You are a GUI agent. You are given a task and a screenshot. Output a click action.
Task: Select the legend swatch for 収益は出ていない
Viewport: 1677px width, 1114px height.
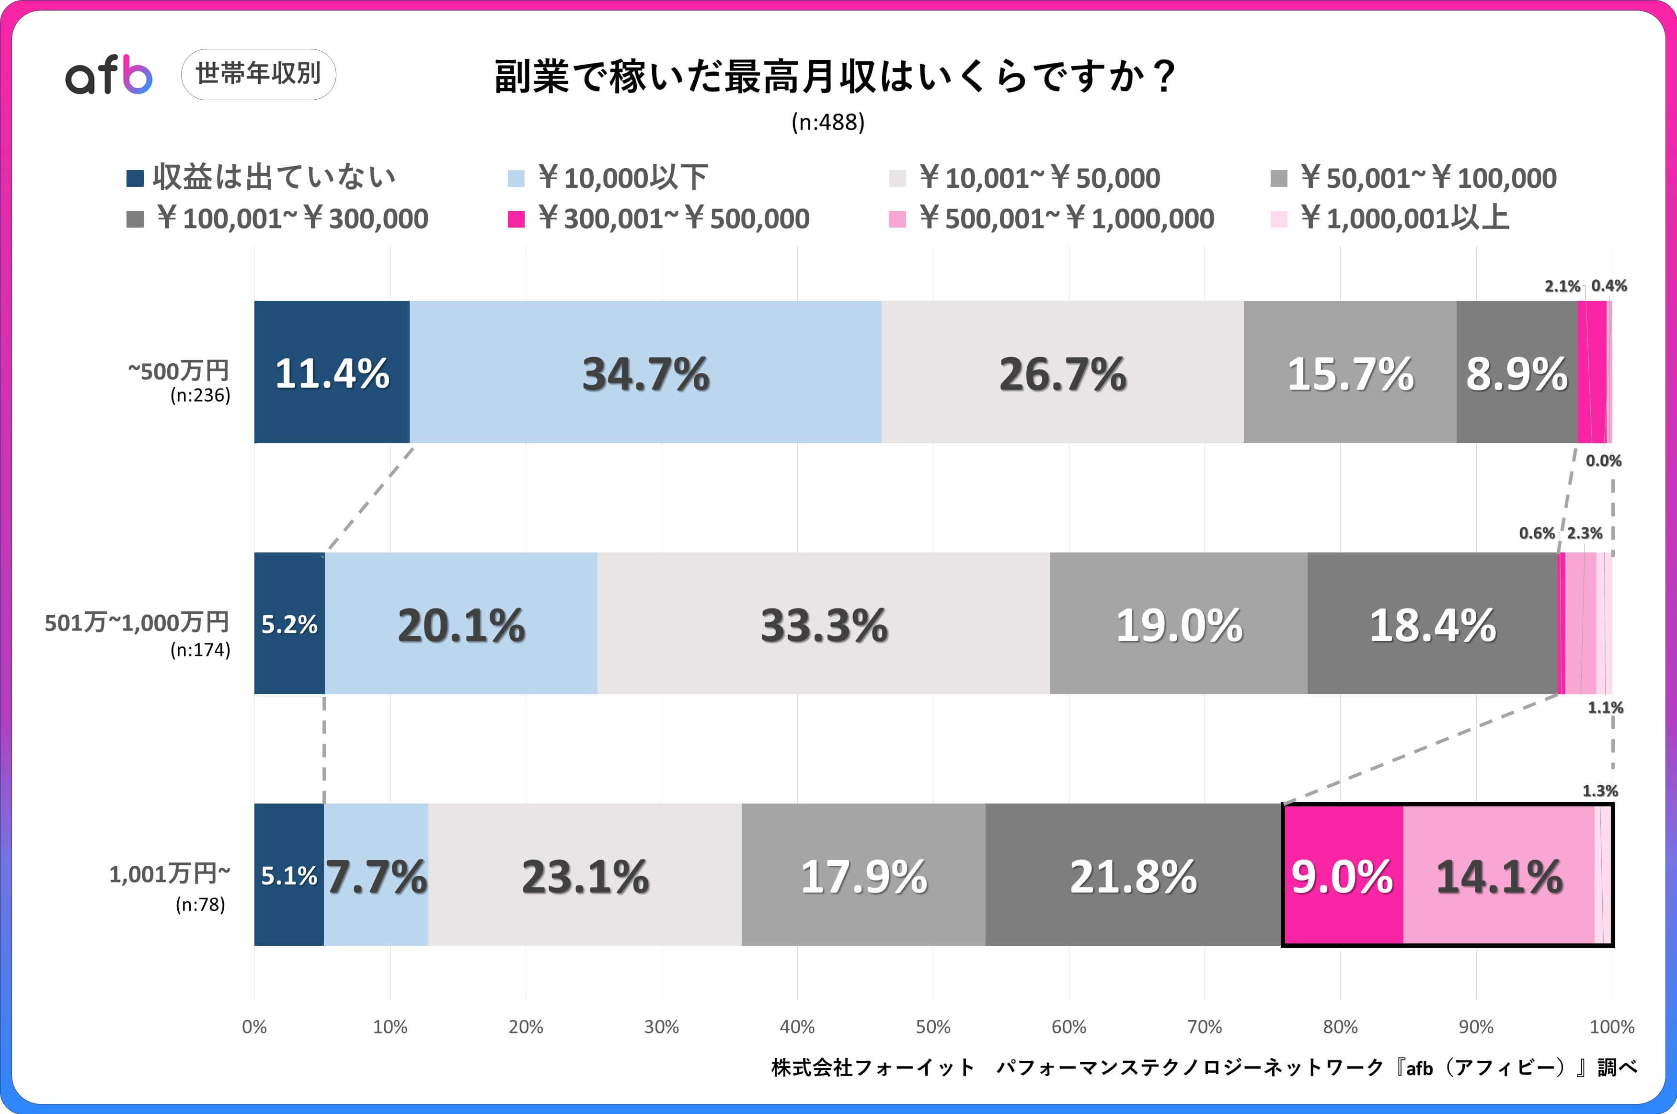coord(135,178)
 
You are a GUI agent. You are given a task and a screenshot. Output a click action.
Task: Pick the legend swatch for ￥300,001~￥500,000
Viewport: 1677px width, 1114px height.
coord(517,219)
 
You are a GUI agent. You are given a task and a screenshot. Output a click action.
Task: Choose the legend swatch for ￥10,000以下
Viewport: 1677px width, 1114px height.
coord(517,178)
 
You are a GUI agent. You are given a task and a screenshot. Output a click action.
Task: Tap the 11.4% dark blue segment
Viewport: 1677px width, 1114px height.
coord(332,372)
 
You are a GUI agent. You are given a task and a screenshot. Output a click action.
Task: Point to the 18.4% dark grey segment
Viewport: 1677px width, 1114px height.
coord(1432,624)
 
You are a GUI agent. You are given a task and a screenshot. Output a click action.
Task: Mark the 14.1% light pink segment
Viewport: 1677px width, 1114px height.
coord(1499,875)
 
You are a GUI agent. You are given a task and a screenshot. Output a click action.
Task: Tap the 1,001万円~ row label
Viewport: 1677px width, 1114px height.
coord(170,874)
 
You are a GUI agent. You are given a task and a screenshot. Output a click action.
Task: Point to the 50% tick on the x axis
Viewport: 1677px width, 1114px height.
coord(932,1027)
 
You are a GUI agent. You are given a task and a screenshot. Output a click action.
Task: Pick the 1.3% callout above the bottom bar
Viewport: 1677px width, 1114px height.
coord(1599,791)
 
